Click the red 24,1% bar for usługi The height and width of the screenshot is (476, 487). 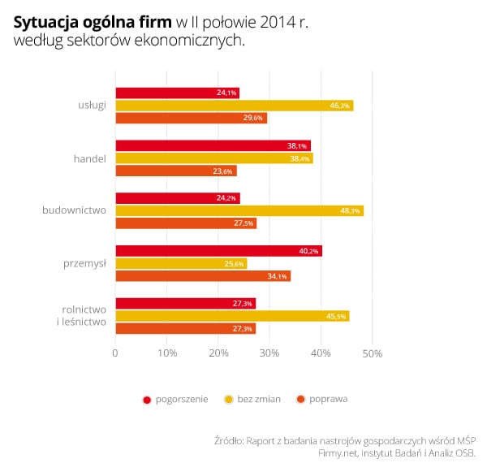tap(177, 93)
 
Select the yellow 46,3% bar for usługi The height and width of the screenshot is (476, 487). tap(234, 106)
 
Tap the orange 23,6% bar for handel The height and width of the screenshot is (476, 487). tap(175, 171)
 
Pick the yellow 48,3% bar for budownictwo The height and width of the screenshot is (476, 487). tap(239, 210)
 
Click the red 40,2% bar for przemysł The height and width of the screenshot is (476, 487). tap(218, 251)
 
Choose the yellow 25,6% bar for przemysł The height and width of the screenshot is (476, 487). tap(180, 263)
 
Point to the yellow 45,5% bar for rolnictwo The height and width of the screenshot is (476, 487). tap(232, 316)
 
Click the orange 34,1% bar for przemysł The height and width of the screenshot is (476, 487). tap(202, 276)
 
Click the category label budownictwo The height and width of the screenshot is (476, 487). tap(75, 210)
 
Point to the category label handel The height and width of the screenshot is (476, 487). tap(89, 158)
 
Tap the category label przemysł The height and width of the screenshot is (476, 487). tap(85, 263)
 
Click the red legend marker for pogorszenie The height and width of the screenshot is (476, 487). tap(147, 399)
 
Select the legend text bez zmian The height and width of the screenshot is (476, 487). tap(259, 399)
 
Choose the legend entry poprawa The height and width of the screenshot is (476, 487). tap(328, 399)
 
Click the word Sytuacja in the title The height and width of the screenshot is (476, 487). tap(45, 23)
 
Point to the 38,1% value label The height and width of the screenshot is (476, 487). tap(296, 146)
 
